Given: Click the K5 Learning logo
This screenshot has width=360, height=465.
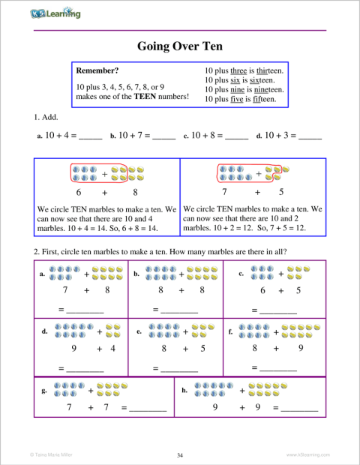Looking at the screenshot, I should coord(55,13).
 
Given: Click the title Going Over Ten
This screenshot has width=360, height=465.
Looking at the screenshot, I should coord(179,46).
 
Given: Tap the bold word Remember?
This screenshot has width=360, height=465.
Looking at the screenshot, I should coord(97,70).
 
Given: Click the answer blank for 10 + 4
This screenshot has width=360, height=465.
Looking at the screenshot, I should coord(90,137).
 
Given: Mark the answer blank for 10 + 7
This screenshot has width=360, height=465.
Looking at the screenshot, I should coord(163,137).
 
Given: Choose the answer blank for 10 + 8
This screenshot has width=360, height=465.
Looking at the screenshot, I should coord(236,137).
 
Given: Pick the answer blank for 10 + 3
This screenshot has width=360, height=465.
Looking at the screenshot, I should coord(309,137).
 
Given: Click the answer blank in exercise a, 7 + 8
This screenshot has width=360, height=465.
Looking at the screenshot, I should coord(85,308).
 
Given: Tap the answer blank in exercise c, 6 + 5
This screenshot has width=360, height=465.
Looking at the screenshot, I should coord(278,308).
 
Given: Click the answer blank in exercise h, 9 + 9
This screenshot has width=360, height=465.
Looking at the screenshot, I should coord(299,408).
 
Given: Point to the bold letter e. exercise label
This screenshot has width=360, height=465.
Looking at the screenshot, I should coord(139,331).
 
